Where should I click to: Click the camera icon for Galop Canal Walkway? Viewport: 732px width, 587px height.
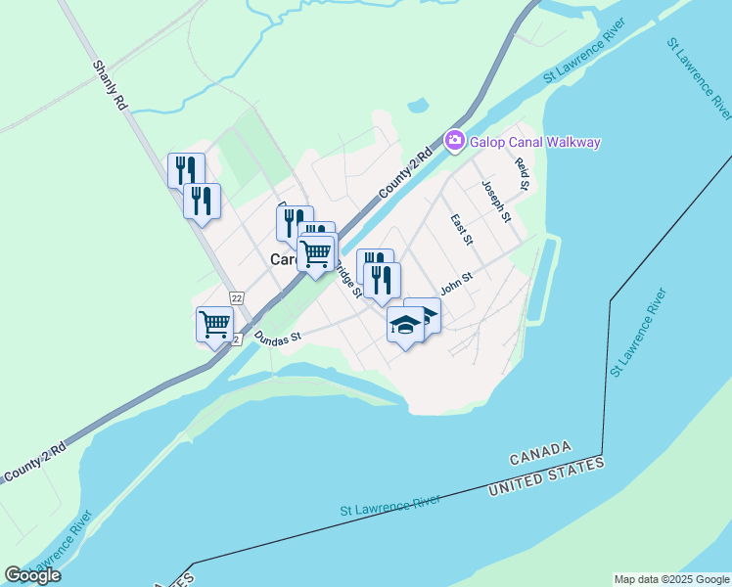click(454, 141)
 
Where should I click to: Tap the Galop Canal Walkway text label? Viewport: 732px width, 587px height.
click(534, 142)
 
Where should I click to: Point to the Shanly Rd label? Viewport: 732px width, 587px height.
click(110, 85)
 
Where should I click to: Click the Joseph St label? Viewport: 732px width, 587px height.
click(496, 201)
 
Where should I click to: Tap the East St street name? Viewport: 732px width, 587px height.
click(461, 231)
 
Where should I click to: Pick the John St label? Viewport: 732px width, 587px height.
click(456, 282)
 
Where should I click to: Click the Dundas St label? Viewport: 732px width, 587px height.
click(277, 336)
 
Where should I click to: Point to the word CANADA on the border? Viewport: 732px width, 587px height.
click(540, 453)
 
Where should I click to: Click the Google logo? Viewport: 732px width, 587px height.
click(32, 575)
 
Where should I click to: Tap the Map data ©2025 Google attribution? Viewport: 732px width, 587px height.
click(671, 579)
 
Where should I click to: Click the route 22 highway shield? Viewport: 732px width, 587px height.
click(237, 297)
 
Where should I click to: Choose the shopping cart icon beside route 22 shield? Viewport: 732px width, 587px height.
click(214, 323)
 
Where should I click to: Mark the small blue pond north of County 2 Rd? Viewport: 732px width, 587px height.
click(418, 106)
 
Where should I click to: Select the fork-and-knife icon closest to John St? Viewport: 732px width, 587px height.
click(383, 280)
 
